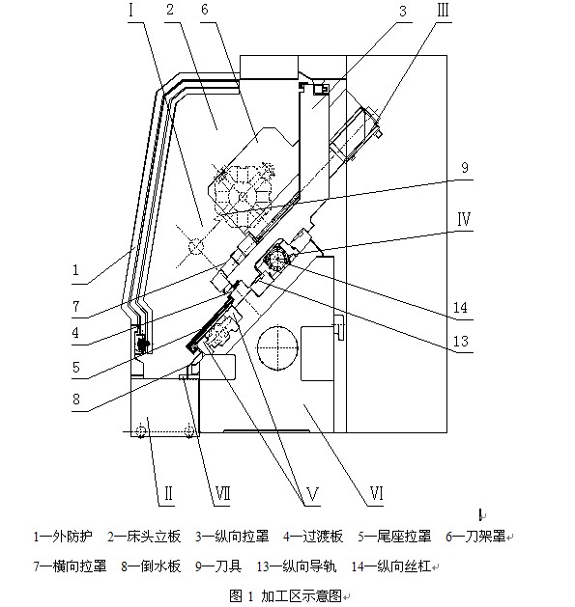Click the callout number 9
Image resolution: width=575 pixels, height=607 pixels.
pyautogui.click(x=465, y=168)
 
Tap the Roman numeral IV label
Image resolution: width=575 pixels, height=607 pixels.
pyautogui.click(x=464, y=219)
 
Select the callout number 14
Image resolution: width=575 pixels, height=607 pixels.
pyautogui.click(x=460, y=308)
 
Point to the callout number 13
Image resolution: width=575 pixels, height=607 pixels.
pyautogui.click(x=461, y=342)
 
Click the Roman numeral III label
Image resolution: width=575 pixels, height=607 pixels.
pyautogui.click(x=443, y=10)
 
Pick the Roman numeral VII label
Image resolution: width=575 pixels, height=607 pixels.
pyautogui.click(x=222, y=494)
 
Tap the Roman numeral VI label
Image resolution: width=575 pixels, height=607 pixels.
pyautogui.click(x=377, y=494)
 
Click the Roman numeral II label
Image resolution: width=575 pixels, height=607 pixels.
pyautogui.click(x=169, y=494)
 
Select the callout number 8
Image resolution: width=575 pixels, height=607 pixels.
pyautogui.click(x=76, y=400)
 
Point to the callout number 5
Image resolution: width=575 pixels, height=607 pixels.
pyautogui.click(x=76, y=367)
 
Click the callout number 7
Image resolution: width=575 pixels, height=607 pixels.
pyautogui.click(x=76, y=307)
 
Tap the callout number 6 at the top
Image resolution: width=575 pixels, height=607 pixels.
pyautogui.click(x=205, y=10)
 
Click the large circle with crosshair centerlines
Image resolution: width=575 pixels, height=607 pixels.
pyautogui.click(x=277, y=347)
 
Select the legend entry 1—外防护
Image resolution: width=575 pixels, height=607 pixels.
pyautogui.click(x=63, y=537)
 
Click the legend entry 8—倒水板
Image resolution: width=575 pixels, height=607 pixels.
pyautogui.click(x=151, y=566)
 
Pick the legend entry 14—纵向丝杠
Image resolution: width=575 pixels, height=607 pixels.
pyautogui.click(x=391, y=566)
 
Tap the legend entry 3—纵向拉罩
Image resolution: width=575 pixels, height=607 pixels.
pyautogui.click(x=232, y=537)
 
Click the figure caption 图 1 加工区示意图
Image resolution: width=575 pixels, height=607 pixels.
pyautogui.click(x=286, y=595)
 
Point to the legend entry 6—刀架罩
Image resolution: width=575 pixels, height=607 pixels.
pyautogui.click(x=475, y=537)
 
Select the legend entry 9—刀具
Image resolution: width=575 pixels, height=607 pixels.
pyautogui.click(x=218, y=566)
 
